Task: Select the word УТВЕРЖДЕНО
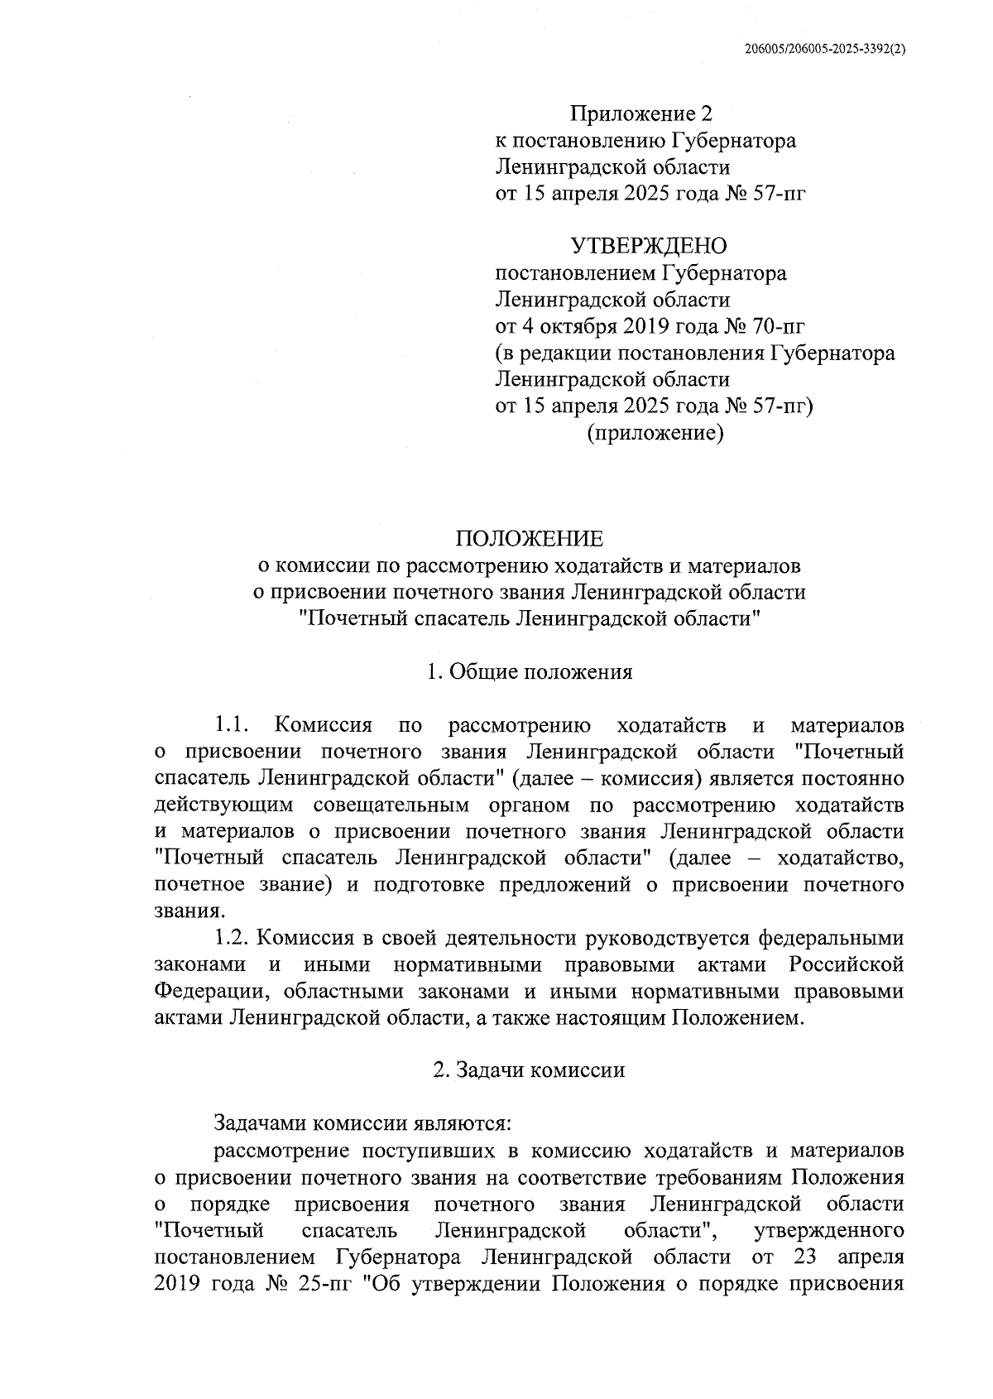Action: pyautogui.click(x=649, y=246)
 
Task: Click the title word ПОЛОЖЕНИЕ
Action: pyautogui.click(x=530, y=540)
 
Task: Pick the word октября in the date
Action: pyautogui.click(x=577, y=326)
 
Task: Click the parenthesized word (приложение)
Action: pyautogui.click(x=655, y=433)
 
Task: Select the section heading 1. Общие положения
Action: pyautogui.click(x=530, y=672)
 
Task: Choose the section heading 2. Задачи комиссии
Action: pyautogui.click(x=530, y=1070)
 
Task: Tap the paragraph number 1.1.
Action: pyautogui.click(x=232, y=726)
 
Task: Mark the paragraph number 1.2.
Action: pyautogui.click(x=232, y=938)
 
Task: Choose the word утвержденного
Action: pyautogui.click(x=830, y=1230)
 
